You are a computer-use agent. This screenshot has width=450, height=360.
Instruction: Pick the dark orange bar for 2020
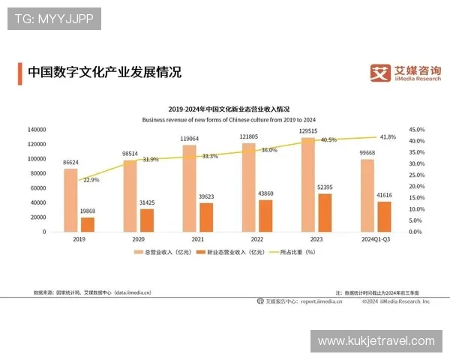[147, 220]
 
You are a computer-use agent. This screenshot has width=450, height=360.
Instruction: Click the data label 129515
[307, 131]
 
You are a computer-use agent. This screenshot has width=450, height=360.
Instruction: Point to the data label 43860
[265, 193]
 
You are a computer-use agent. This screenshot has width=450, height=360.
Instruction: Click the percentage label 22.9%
[91, 180]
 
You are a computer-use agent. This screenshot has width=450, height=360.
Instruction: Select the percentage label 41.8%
[387, 137]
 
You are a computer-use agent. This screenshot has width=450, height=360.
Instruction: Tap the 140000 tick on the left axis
[35, 130]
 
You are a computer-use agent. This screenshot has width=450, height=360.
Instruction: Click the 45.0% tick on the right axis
[417, 130]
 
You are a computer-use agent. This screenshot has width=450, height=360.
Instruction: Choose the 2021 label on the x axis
[197, 239]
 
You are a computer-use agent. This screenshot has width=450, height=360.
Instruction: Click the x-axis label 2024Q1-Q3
[376, 239]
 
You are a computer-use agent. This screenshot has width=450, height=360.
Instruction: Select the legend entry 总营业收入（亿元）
[164, 253]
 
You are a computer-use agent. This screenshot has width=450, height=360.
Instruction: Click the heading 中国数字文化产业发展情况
[104, 73]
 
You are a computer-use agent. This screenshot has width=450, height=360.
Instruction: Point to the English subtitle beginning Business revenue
[229, 120]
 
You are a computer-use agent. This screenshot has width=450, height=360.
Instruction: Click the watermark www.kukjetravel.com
[375, 341]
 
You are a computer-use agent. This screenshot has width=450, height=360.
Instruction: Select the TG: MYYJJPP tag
[53, 19]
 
